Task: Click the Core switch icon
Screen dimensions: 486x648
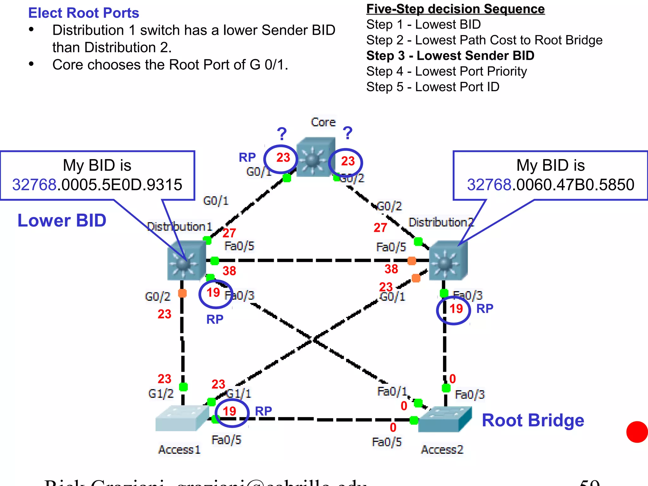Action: point(315,157)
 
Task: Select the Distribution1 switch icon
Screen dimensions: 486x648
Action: point(187,260)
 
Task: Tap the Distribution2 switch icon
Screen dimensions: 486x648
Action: point(448,260)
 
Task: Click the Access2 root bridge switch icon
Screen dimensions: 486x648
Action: point(444,419)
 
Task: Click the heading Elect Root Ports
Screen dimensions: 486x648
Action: point(84,13)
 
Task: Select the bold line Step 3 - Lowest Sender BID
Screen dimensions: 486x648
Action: point(450,56)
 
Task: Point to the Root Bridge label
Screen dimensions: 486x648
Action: point(533,420)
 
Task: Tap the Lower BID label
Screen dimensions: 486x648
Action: point(62,220)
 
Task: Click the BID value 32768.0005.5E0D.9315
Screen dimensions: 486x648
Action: point(97,184)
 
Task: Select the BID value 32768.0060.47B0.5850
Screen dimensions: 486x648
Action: point(551,184)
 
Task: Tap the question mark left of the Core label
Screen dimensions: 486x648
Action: point(282,134)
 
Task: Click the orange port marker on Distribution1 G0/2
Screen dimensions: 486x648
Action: point(182,293)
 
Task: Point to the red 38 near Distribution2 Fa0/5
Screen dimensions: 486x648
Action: point(391,269)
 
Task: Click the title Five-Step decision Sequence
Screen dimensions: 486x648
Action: point(455,9)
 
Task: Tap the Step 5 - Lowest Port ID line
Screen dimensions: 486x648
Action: point(433,87)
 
